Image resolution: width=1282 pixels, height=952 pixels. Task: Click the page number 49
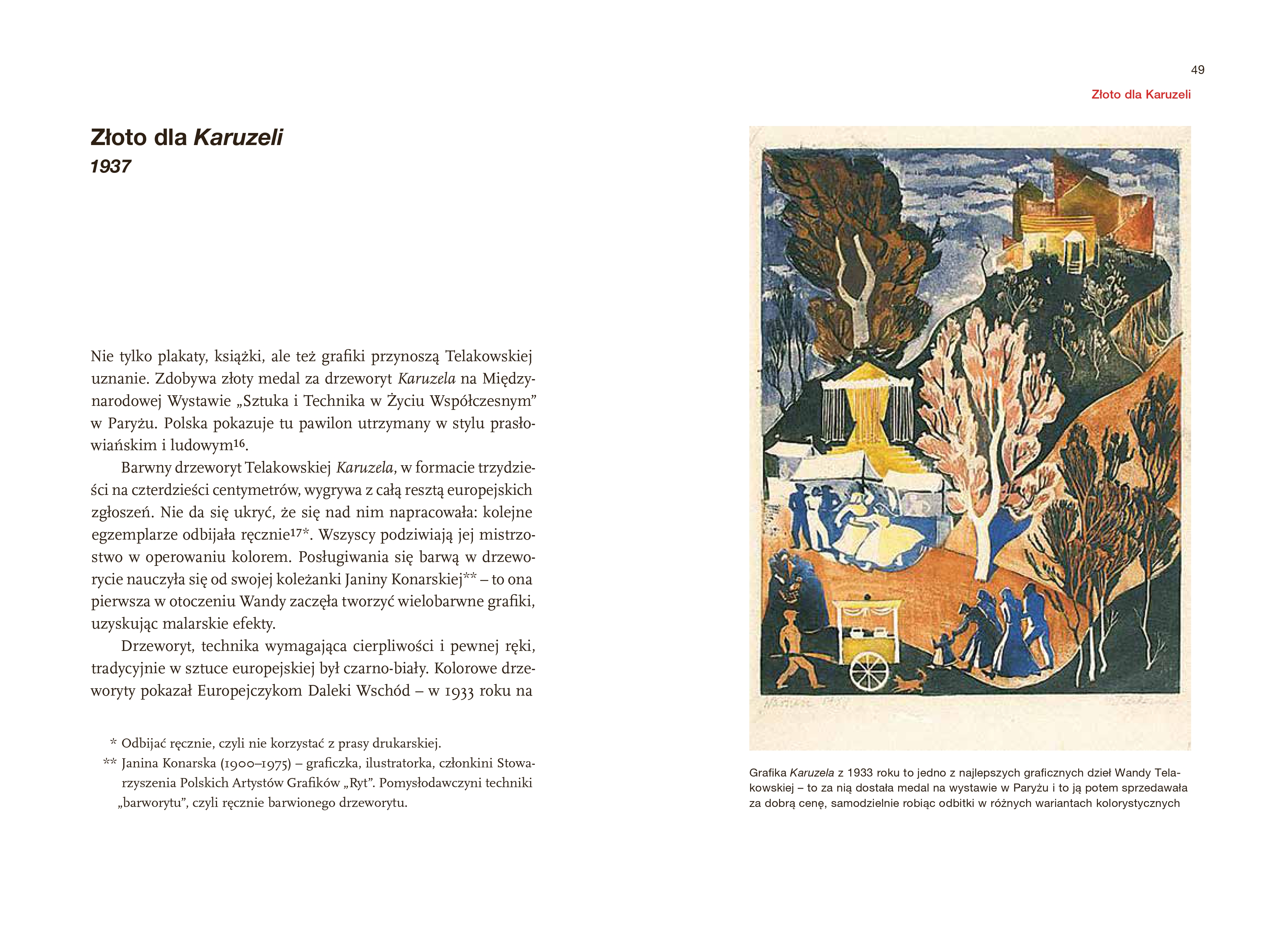(x=1197, y=70)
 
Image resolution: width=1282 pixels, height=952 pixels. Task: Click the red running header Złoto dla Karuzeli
(x=1141, y=95)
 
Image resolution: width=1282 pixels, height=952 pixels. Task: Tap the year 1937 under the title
(x=111, y=167)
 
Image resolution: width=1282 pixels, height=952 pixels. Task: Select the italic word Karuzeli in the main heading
(x=238, y=138)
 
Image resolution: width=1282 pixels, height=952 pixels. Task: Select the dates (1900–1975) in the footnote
(x=254, y=764)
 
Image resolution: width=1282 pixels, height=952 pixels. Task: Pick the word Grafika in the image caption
(x=768, y=773)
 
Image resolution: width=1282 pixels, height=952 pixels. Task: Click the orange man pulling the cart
(x=795, y=651)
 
